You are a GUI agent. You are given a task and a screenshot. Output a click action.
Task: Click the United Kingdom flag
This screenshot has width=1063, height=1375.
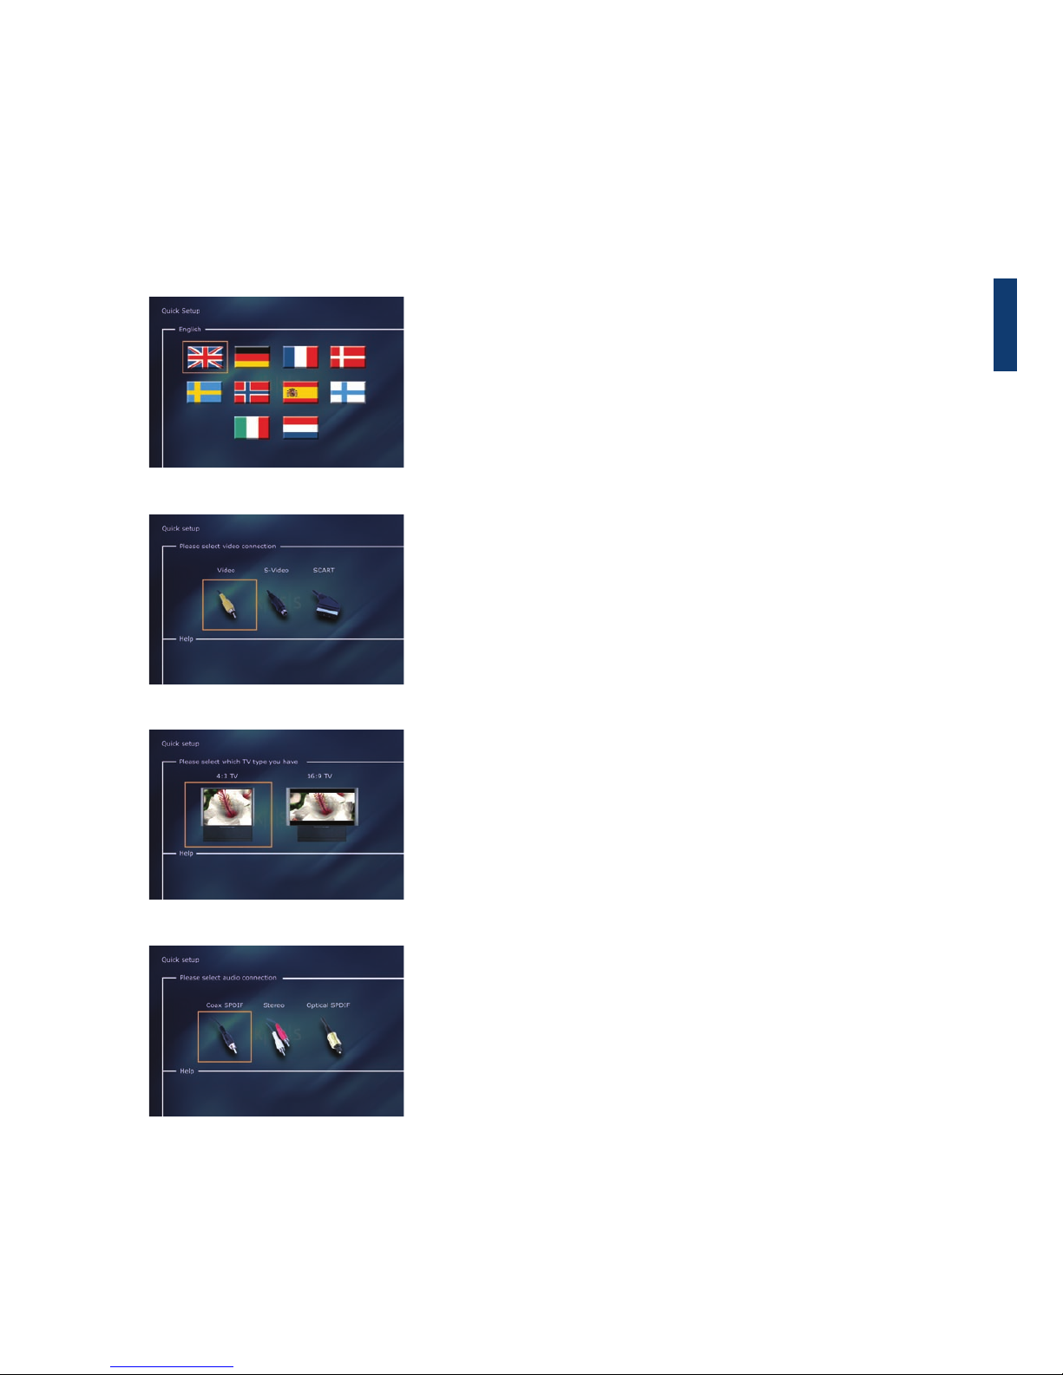click(205, 357)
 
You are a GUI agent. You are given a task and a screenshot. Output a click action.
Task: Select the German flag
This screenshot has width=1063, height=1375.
click(252, 357)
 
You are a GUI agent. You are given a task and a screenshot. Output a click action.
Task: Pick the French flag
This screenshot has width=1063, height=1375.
click(300, 357)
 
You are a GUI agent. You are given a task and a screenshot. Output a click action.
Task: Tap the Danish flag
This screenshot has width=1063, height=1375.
click(347, 357)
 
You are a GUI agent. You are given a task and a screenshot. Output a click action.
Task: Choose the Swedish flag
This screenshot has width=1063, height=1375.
click(205, 392)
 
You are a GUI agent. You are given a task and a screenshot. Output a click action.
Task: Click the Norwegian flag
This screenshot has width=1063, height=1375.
click(252, 392)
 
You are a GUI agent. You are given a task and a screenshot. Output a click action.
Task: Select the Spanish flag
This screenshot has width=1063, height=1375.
click(300, 392)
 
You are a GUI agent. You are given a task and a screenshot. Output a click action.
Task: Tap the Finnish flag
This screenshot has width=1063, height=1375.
click(347, 392)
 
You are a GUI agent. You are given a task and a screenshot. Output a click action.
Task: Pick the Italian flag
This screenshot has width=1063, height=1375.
click(252, 428)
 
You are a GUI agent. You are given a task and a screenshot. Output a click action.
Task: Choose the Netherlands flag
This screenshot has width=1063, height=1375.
click(300, 428)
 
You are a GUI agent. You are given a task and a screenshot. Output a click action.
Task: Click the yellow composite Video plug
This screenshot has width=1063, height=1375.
click(227, 605)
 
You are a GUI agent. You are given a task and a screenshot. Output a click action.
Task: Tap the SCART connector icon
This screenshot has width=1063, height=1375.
click(327, 606)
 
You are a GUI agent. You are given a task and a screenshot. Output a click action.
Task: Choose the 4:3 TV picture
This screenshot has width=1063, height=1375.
click(227, 815)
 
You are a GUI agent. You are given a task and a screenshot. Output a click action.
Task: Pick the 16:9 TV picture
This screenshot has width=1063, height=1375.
click(322, 815)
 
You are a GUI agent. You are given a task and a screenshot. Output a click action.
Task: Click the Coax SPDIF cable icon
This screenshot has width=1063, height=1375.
click(226, 1037)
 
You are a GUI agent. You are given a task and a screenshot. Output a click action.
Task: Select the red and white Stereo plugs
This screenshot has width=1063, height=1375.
click(278, 1037)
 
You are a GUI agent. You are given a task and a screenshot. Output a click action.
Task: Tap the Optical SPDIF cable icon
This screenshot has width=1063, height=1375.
click(331, 1037)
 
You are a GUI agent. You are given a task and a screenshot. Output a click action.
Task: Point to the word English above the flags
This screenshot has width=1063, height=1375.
click(190, 329)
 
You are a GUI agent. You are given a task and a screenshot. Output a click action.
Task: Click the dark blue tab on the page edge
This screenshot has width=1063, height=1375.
click(1005, 324)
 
